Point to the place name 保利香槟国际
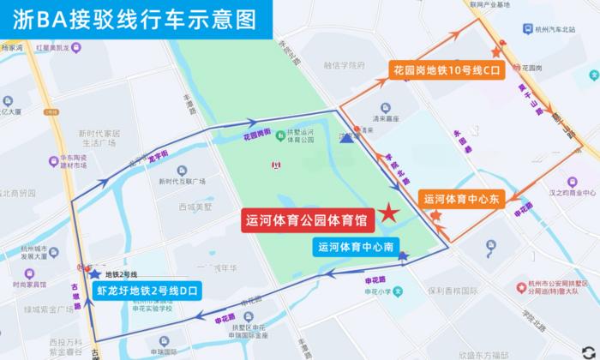pos(453,290)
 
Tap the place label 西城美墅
pos(195,207)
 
